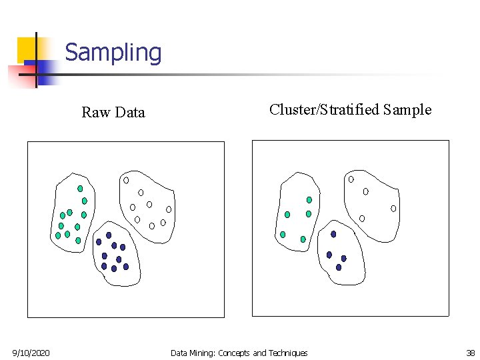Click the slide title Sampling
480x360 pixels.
113,53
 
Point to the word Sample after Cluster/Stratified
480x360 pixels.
407,110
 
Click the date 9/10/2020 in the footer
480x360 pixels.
31,353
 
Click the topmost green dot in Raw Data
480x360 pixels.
80,189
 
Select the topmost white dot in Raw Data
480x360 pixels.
125,180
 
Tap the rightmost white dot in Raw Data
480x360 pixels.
169,209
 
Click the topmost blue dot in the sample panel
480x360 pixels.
333,234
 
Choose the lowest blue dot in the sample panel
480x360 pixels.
339,267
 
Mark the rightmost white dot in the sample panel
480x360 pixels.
393,209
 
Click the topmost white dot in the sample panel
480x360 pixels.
351,179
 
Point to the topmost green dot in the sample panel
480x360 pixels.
309,199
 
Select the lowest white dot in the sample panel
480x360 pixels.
362,218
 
